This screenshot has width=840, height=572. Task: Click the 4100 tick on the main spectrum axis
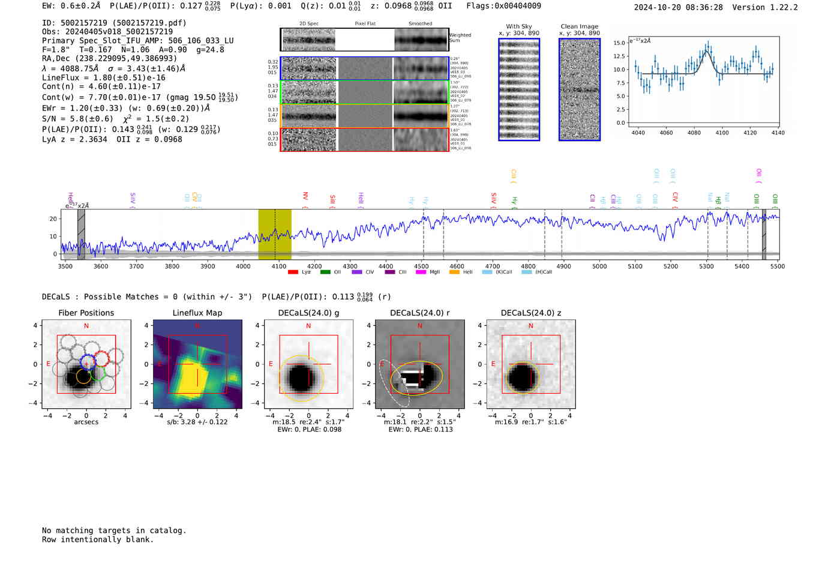pos(279,266)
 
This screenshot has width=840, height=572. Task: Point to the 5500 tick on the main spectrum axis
pos(778,266)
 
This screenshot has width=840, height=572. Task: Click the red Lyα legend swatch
pos(293,272)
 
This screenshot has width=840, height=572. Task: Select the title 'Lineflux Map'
pos(197,313)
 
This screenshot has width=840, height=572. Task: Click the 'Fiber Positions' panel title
pos(86,313)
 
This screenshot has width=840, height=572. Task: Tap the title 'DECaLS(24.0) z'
pos(530,313)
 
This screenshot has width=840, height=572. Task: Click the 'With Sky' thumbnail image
pos(519,89)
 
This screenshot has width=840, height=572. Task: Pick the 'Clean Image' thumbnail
pos(580,89)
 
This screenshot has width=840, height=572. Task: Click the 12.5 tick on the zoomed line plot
pos(619,56)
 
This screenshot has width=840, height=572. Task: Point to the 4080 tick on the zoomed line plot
pos(694,133)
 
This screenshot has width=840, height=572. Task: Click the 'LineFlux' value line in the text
pos(104,77)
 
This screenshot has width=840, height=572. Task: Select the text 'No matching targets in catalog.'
pos(114,530)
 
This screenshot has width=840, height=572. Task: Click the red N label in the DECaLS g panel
pos(308,326)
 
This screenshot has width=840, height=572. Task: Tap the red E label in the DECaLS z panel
pos(493,364)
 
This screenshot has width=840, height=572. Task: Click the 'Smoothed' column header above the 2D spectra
pos(420,23)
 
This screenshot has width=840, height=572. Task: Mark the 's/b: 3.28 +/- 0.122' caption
pos(197,422)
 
